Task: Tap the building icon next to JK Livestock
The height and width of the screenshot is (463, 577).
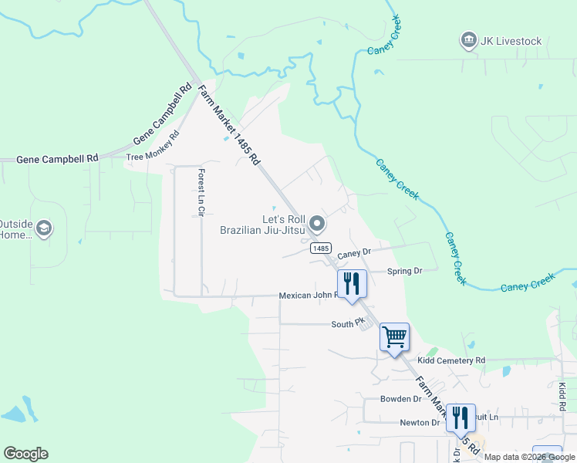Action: click(x=467, y=40)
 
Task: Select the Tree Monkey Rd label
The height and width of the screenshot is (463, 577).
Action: click(x=153, y=148)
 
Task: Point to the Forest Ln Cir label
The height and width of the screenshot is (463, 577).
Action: click(x=201, y=192)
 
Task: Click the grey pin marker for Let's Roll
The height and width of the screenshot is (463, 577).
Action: click(x=317, y=225)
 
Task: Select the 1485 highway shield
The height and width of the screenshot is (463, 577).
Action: click(x=322, y=248)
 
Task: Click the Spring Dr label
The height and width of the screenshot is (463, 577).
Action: click(x=405, y=271)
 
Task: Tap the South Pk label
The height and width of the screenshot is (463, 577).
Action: click(x=347, y=324)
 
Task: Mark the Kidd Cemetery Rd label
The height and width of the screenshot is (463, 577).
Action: click(x=451, y=360)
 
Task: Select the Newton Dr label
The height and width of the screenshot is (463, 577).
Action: click(x=420, y=422)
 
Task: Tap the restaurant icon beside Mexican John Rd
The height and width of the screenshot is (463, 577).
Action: click(x=351, y=282)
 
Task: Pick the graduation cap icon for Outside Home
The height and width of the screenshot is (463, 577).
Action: click(x=44, y=227)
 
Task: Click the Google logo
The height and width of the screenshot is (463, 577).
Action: click(x=25, y=454)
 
